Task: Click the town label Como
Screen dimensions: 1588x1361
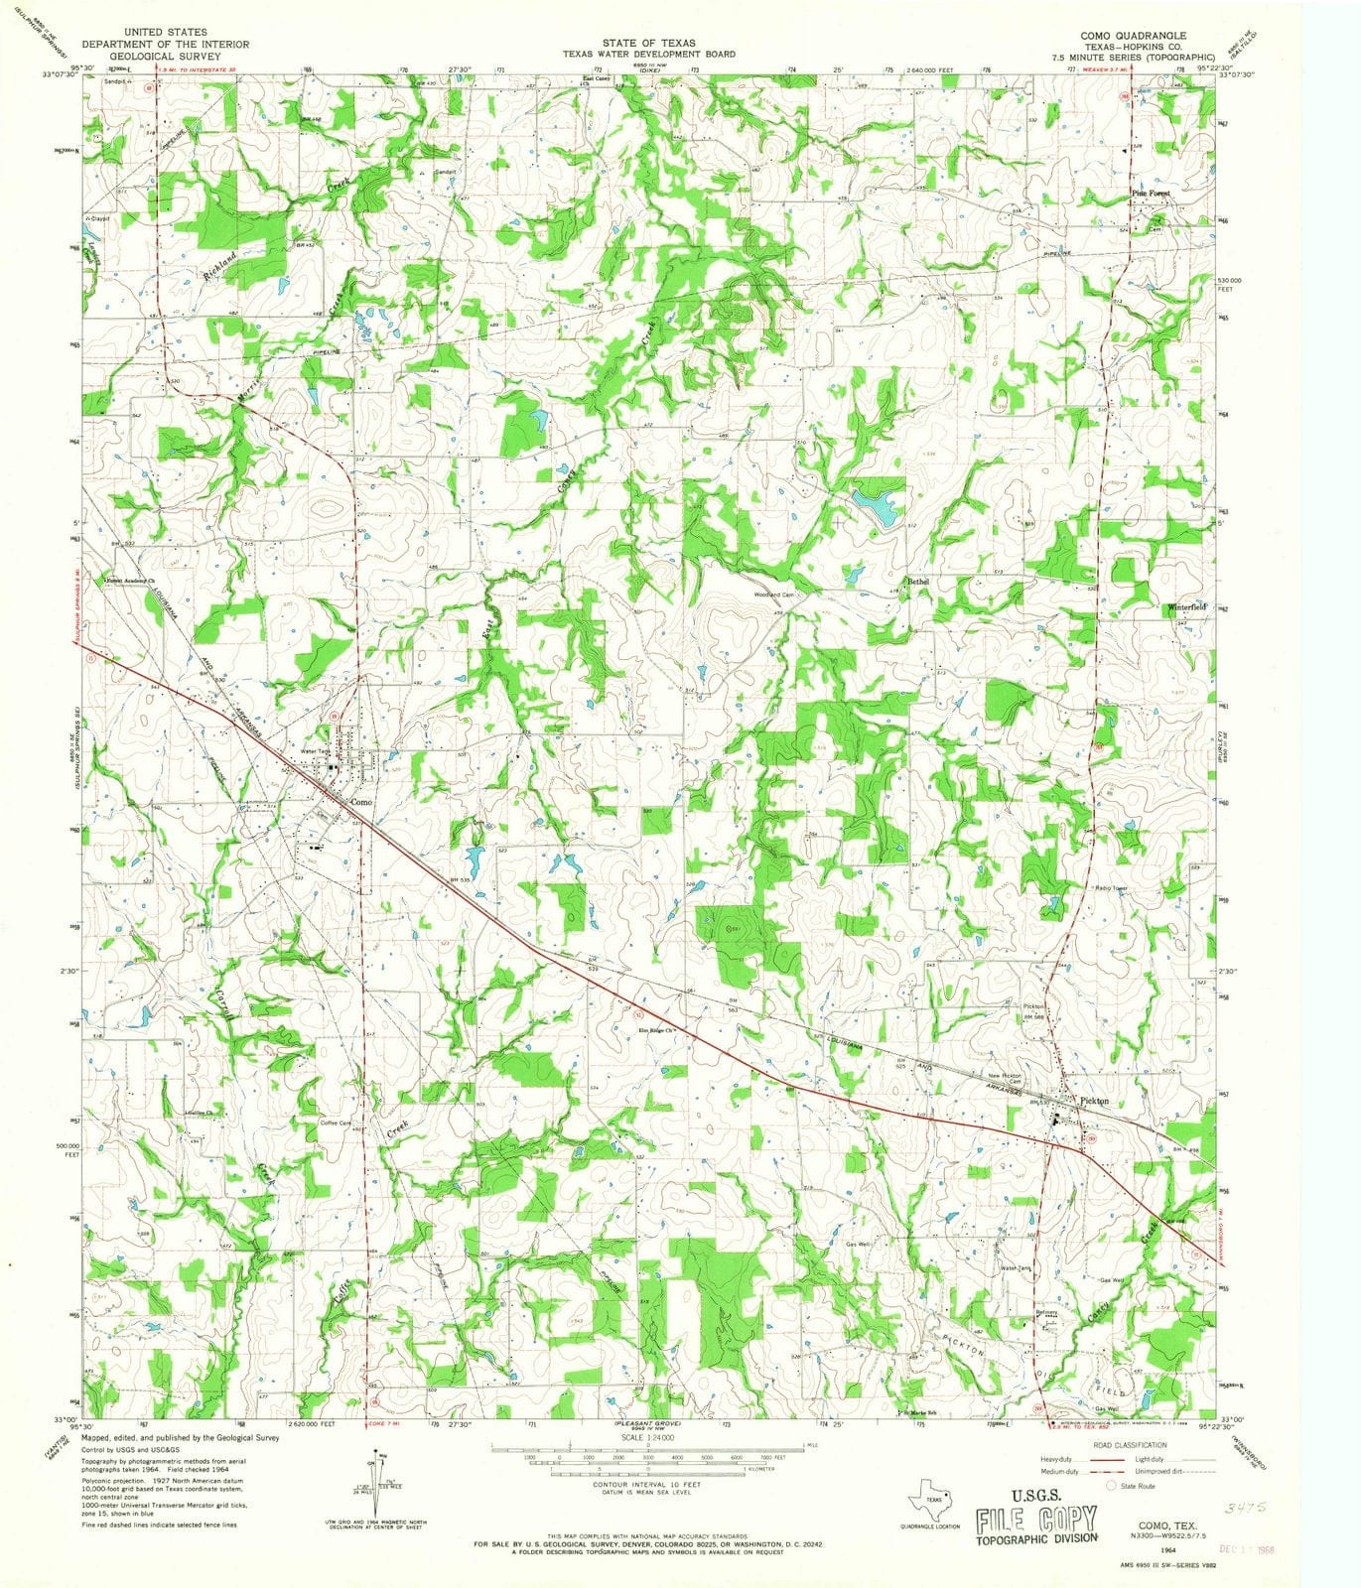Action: point(360,801)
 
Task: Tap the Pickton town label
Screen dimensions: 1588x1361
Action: point(1094,1101)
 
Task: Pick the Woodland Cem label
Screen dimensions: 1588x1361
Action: point(773,595)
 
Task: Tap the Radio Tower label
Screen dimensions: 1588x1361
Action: point(1113,887)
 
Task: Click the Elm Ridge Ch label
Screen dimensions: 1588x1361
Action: point(656,1029)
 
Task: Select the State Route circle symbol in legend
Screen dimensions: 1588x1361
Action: point(1111,1486)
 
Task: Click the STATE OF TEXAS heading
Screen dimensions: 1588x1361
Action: point(649,44)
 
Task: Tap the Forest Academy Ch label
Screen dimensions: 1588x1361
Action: point(133,580)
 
